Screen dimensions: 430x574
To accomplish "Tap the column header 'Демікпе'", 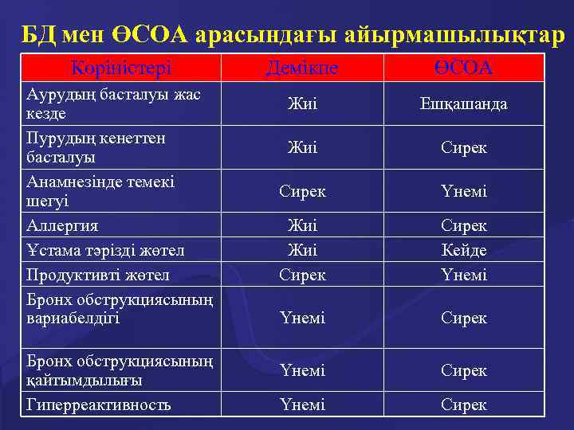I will pos(302,69).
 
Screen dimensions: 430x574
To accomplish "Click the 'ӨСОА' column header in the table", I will pos(464,69).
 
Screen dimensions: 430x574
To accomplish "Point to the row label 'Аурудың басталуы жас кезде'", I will pos(113,104).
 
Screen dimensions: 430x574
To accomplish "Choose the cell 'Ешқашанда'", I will pos(464,104).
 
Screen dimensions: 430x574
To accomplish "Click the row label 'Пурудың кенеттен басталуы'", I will pos(96,147).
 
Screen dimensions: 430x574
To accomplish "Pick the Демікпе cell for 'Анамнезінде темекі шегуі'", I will pos(302,192).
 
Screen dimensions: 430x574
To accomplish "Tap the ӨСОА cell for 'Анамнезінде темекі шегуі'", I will pos(464,192).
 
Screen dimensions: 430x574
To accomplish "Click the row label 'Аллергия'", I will pos(62,226).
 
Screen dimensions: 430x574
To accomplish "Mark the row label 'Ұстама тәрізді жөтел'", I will pos(105,251).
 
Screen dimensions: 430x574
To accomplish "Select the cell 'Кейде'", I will pos(464,251).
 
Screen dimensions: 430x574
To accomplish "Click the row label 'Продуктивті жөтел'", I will pos(98,276).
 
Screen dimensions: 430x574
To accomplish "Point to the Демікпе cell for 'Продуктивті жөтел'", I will pos(302,276).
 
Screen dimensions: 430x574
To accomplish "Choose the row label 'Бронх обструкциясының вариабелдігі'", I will pos(120,309).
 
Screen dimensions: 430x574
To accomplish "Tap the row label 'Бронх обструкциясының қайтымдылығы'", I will pos(120,370).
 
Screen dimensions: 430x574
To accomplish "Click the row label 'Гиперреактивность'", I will pos(99,405).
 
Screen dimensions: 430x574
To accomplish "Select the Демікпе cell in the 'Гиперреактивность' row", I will pos(302,405).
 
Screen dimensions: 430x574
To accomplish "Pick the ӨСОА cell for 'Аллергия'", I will pos(464,226).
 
